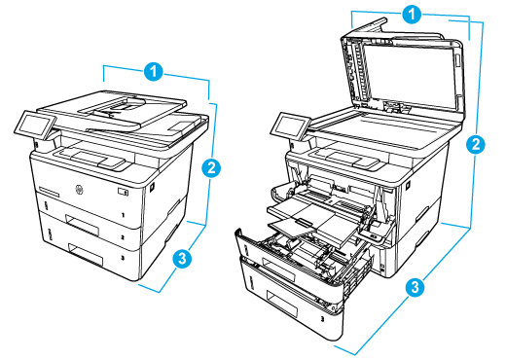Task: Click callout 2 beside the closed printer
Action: [209, 166]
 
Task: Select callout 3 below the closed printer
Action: [179, 259]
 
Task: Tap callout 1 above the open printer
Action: [414, 15]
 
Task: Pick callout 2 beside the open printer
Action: [475, 145]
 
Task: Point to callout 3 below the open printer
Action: [415, 287]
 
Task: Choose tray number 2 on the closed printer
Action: [124, 236]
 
